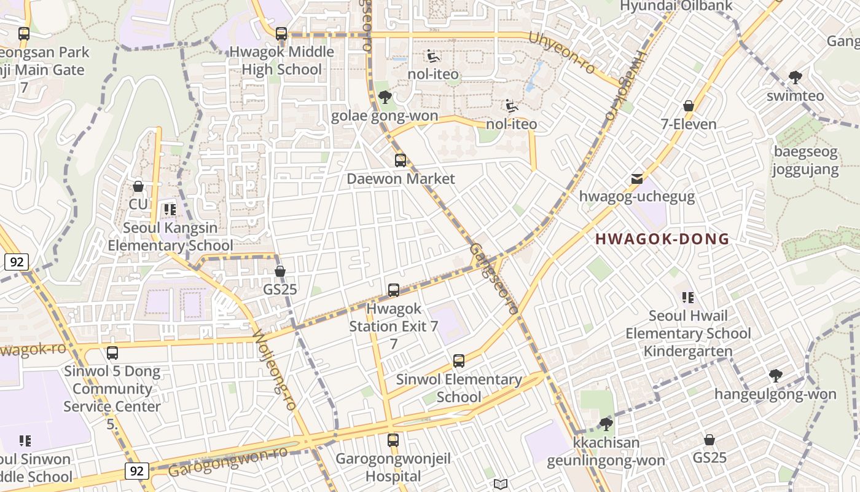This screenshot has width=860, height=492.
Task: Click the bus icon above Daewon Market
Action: [x=401, y=161]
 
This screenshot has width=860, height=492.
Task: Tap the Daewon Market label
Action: [x=401, y=179]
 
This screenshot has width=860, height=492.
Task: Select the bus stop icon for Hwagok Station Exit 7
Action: [x=394, y=290]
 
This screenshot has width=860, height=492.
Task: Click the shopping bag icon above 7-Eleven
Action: [x=689, y=106]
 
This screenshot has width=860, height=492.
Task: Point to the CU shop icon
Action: [x=138, y=186]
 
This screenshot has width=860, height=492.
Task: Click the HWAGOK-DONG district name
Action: [x=662, y=239]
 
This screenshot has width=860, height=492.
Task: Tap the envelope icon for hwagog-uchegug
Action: [x=637, y=179]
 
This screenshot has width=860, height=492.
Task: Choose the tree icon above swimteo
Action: [x=795, y=77]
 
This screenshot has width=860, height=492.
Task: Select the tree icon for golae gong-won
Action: [x=385, y=97]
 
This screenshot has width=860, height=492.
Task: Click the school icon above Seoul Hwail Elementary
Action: [x=688, y=298]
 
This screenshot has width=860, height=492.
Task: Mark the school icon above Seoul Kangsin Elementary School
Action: [x=170, y=210]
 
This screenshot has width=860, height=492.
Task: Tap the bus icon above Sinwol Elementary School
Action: [x=458, y=361]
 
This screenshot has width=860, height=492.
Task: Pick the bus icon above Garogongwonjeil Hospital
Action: [x=393, y=440]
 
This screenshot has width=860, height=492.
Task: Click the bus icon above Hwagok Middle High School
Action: [x=281, y=34]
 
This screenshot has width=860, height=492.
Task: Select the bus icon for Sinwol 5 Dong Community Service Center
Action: [x=112, y=353]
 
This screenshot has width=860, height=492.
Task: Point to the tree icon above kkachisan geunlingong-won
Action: [x=606, y=424]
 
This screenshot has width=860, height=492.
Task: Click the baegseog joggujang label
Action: [x=805, y=161]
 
